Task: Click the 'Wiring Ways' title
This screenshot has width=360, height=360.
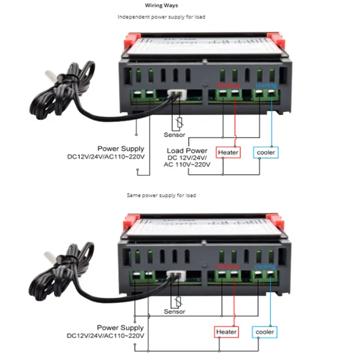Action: (x=160, y=6)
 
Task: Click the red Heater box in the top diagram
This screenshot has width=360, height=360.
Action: (x=228, y=152)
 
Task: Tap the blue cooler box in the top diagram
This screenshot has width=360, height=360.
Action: (x=265, y=152)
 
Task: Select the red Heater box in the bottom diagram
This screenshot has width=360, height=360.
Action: (x=226, y=332)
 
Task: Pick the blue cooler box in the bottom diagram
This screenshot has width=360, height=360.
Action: (x=265, y=332)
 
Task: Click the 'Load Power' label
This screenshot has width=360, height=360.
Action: (x=187, y=151)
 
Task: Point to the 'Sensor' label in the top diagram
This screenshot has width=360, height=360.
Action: (x=175, y=135)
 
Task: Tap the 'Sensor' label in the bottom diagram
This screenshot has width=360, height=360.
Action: (x=175, y=312)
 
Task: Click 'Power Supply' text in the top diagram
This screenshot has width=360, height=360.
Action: (x=121, y=149)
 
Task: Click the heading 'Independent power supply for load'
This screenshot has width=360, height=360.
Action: (x=162, y=17)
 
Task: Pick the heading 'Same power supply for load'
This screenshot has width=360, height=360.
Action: (x=161, y=196)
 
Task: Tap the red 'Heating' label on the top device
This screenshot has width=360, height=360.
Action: (x=228, y=85)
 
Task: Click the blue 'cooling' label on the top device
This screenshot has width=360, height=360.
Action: (x=266, y=85)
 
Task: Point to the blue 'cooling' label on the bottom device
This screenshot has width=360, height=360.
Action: (x=265, y=266)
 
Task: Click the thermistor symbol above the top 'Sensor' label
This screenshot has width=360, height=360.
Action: (x=179, y=122)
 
